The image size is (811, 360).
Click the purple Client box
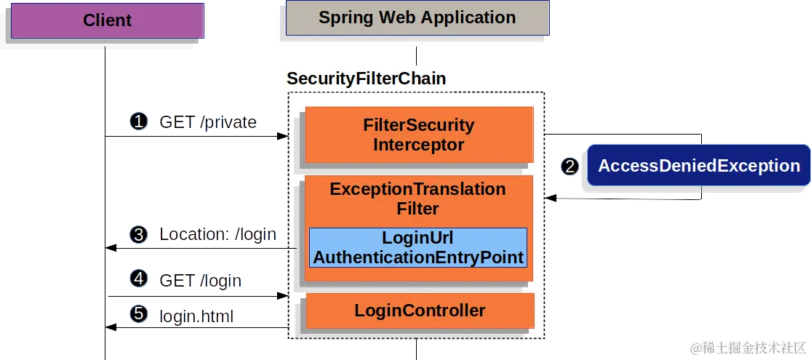point(107,20)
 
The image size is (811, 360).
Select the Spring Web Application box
point(417,18)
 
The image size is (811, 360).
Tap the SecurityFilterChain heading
point(366,79)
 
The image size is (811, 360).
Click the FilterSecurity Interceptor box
point(418,135)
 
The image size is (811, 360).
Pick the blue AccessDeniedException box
point(698,166)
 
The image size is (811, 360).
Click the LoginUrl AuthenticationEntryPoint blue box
point(418,248)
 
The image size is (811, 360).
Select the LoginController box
point(420,311)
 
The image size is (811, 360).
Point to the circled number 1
point(138,121)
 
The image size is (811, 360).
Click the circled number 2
point(570,167)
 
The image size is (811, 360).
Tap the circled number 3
point(138,234)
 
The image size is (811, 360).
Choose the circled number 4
point(138,279)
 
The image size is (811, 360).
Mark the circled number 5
point(138,315)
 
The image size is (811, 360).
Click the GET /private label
point(207,122)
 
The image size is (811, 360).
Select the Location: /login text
point(217,235)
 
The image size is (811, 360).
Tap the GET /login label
point(200,281)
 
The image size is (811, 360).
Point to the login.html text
point(197,316)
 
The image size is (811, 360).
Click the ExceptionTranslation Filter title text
point(418,199)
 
